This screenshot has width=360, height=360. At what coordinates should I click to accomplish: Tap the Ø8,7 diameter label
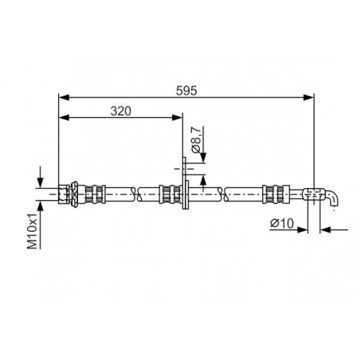click(x=195, y=144)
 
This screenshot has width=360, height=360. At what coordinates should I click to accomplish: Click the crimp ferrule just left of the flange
click(x=168, y=192)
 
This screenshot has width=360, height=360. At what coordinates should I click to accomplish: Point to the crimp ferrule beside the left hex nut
click(x=94, y=192)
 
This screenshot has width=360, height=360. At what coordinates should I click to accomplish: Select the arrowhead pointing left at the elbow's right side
click(x=325, y=232)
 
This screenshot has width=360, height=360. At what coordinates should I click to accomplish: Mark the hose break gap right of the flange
click(x=225, y=192)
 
